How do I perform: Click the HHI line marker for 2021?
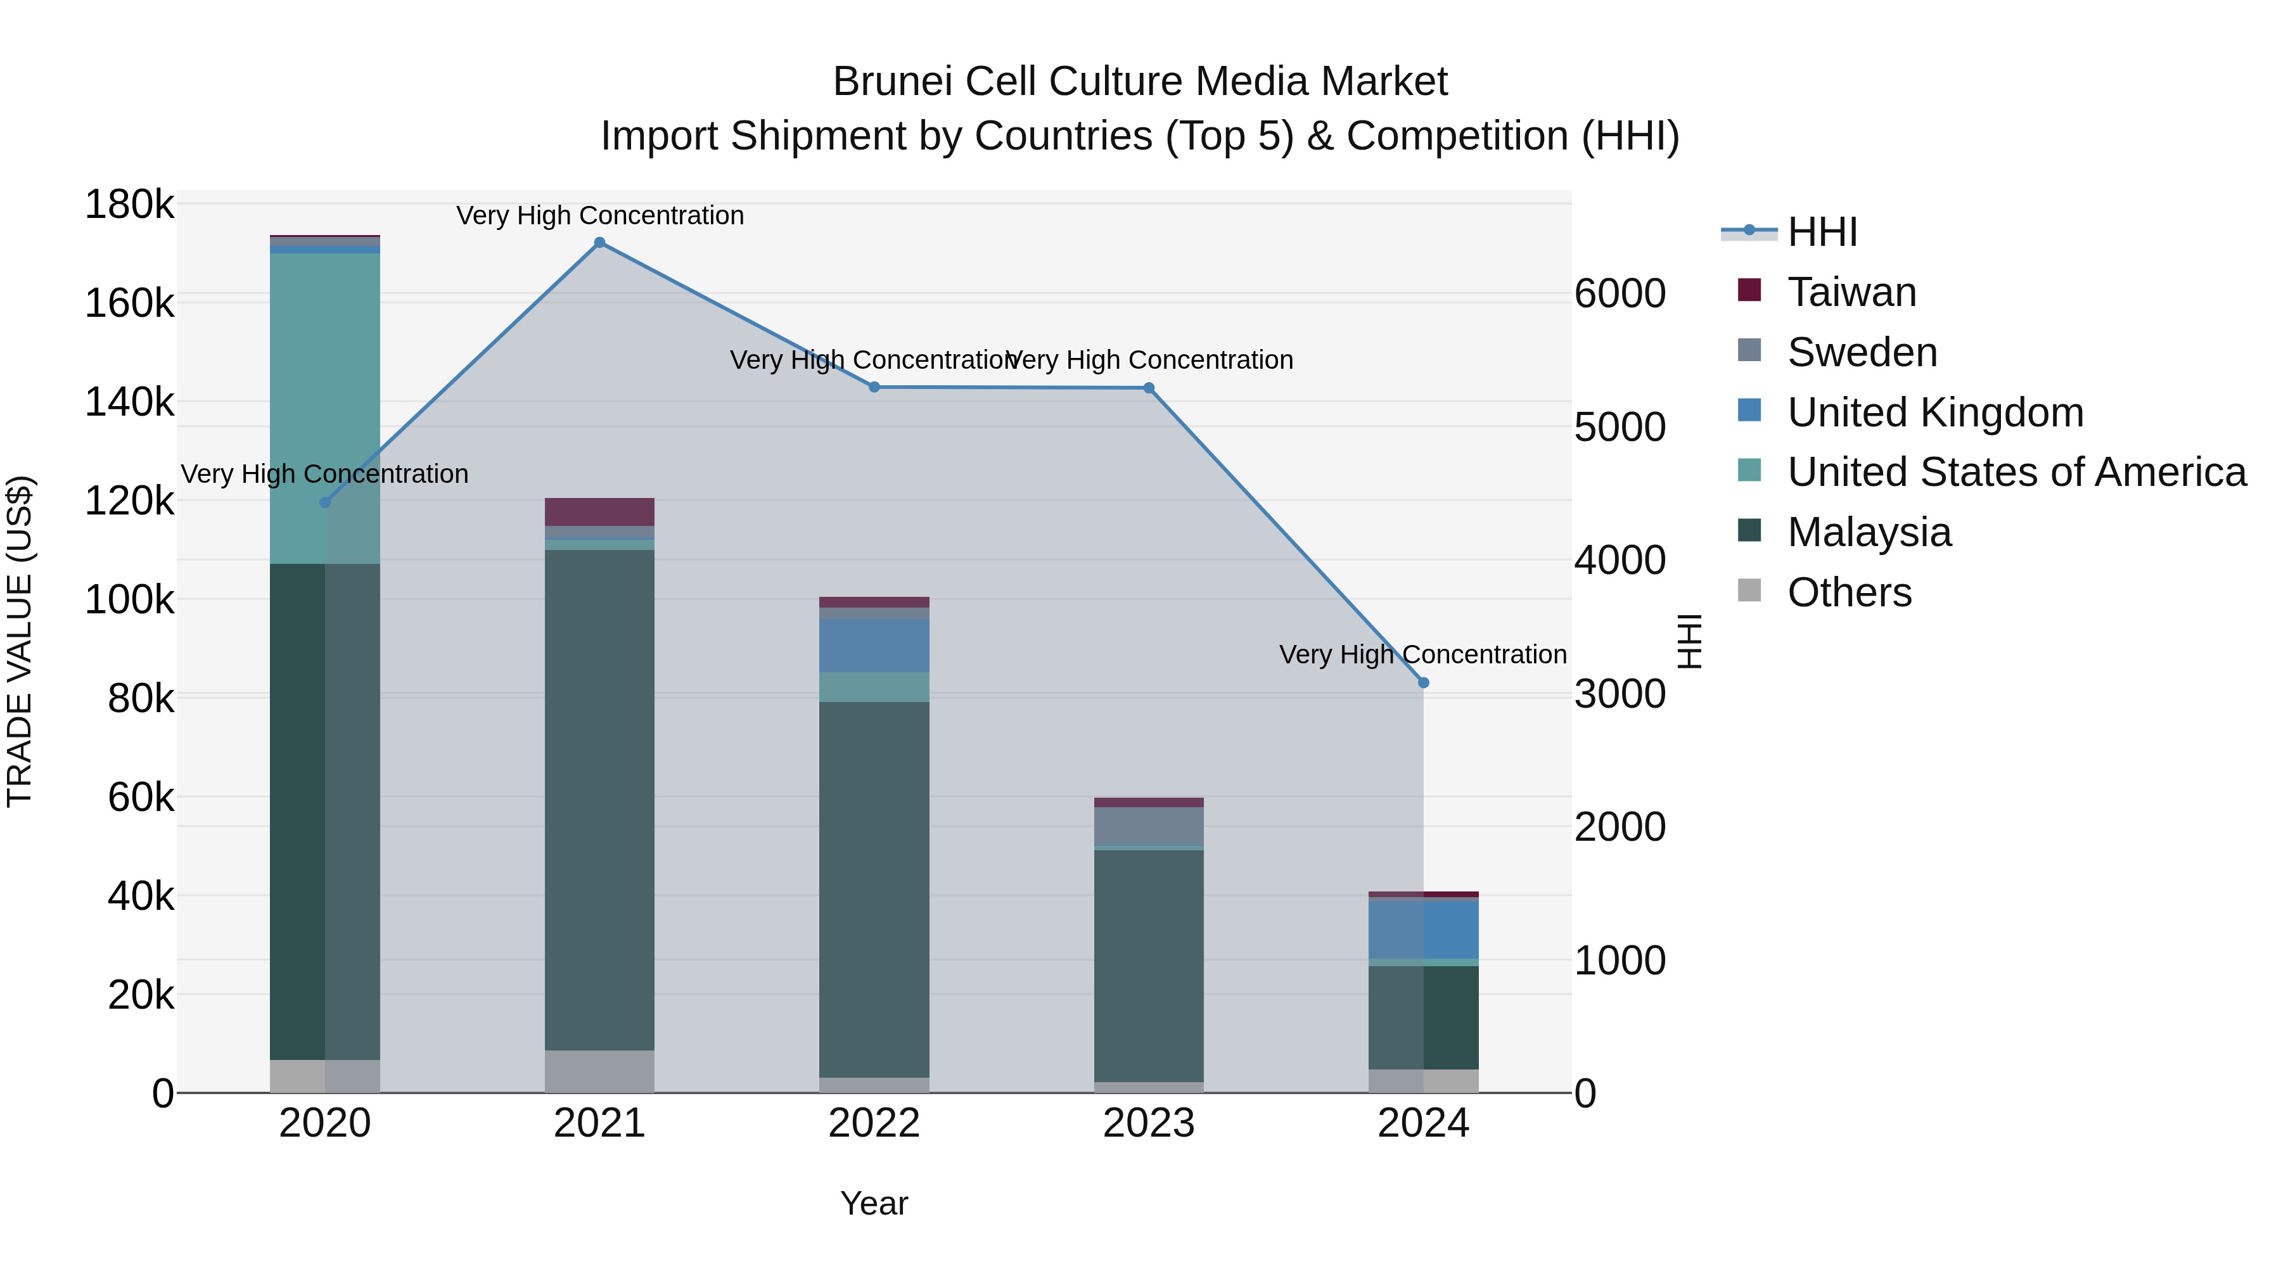599,243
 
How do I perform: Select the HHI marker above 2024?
1423,682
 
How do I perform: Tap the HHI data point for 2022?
874,387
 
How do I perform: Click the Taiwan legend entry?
1851,292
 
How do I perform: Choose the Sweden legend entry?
1862,352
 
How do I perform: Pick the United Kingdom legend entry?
1935,412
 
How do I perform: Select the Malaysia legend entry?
1869,532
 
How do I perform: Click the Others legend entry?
1849,592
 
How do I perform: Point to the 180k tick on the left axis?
129,205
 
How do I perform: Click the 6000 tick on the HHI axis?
1620,294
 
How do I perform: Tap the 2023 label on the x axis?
1149,1123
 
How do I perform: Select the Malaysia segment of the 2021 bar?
599,797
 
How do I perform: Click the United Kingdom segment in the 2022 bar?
874,646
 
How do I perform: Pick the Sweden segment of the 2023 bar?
1149,826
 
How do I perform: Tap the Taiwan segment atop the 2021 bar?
599,512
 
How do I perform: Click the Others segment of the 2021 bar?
599,1071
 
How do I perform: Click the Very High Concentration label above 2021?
599,216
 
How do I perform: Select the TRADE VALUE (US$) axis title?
20,641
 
